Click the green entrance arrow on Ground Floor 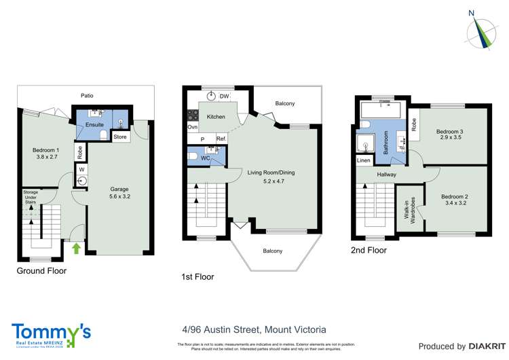click(x=76, y=249)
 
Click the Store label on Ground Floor click(x=120, y=137)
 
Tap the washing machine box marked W click(x=81, y=168)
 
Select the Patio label click(x=86, y=96)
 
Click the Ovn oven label click(x=192, y=127)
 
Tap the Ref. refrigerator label click(x=221, y=139)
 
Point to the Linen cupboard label click(x=363, y=160)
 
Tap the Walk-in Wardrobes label click(x=410, y=210)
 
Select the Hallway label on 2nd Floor click(x=386, y=175)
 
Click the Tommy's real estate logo click(x=51, y=333)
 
